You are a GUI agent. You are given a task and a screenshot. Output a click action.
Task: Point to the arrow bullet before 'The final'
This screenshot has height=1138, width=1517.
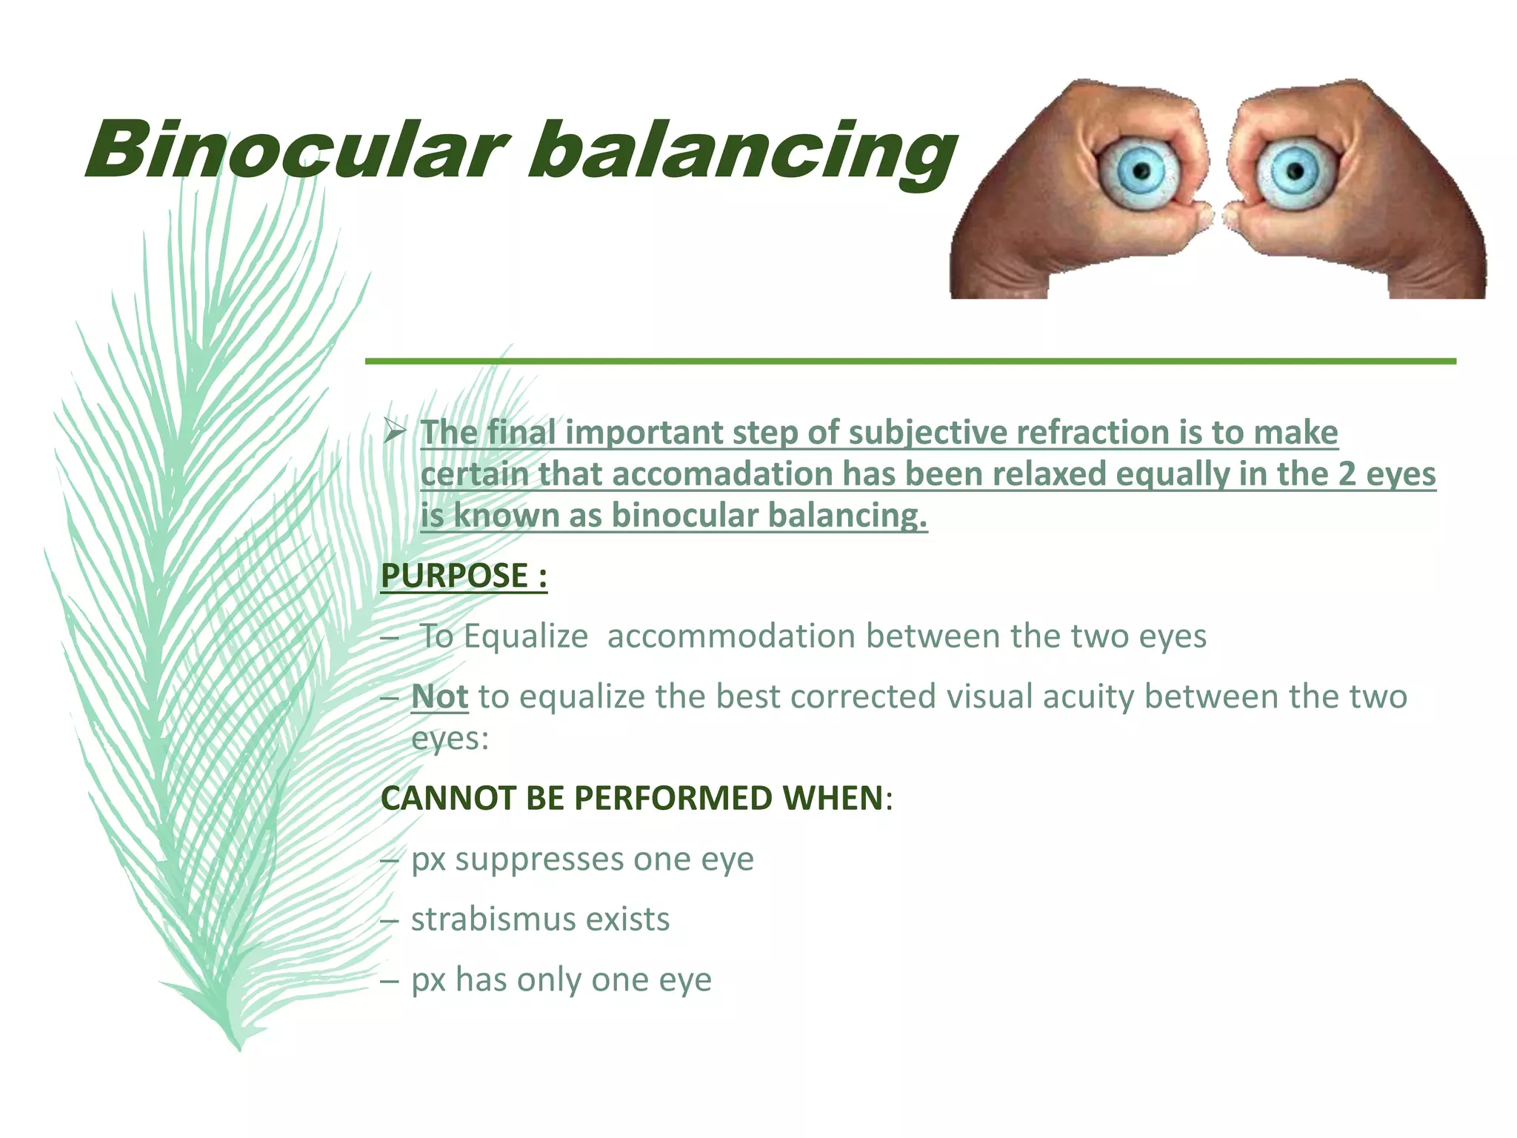pyautogui.click(x=394, y=430)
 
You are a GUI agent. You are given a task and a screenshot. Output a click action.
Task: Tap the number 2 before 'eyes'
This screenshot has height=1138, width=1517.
pyautogui.click(x=1346, y=474)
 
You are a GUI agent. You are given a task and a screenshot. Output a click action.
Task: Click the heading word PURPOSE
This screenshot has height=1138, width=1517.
pyautogui.click(x=454, y=576)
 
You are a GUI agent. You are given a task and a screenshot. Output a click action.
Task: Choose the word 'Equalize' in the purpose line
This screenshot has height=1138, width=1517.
pyautogui.click(x=525, y=636)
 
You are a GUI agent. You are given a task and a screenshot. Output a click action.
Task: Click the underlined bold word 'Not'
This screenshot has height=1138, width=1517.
pyautogui.click(x=440, y=697)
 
